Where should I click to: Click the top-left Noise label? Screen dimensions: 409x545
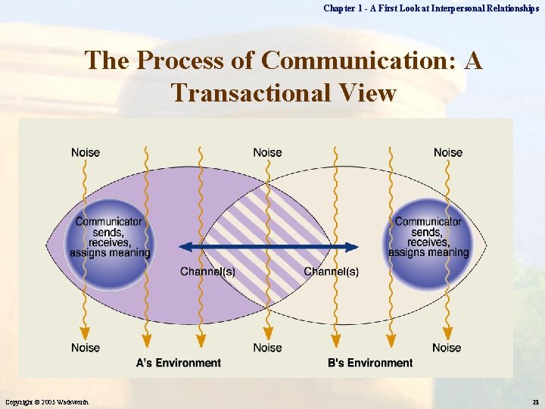point(86,152)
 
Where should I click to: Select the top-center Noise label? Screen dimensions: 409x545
point(267,152)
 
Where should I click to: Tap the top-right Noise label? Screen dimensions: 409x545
point(448,152)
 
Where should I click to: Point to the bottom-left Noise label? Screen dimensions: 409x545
point(86,348)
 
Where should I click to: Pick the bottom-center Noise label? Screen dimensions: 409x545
point(267,348)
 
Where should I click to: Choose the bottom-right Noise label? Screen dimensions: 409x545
point(447,348)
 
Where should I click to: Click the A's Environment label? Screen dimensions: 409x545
point(178,363)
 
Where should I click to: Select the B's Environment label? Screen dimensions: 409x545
point(370,363)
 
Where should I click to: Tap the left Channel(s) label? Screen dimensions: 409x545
point(207,272)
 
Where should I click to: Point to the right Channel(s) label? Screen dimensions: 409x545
point(332,272)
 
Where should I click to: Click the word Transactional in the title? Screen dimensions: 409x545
point(247,92)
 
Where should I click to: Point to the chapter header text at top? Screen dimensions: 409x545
point(431,8)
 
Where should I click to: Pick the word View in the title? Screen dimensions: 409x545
point(369,92)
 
